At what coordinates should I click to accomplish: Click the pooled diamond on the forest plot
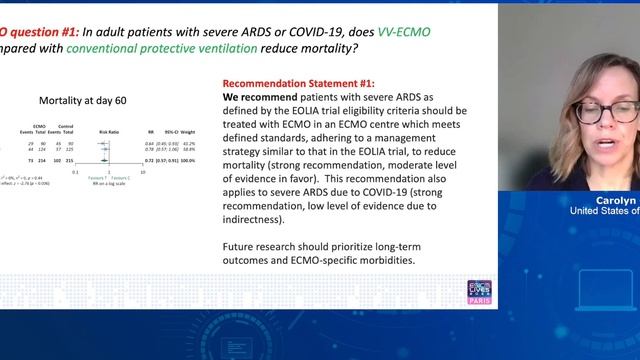(x=104, y=159)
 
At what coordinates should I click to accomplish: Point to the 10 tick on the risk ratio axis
(x=143, y=171)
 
